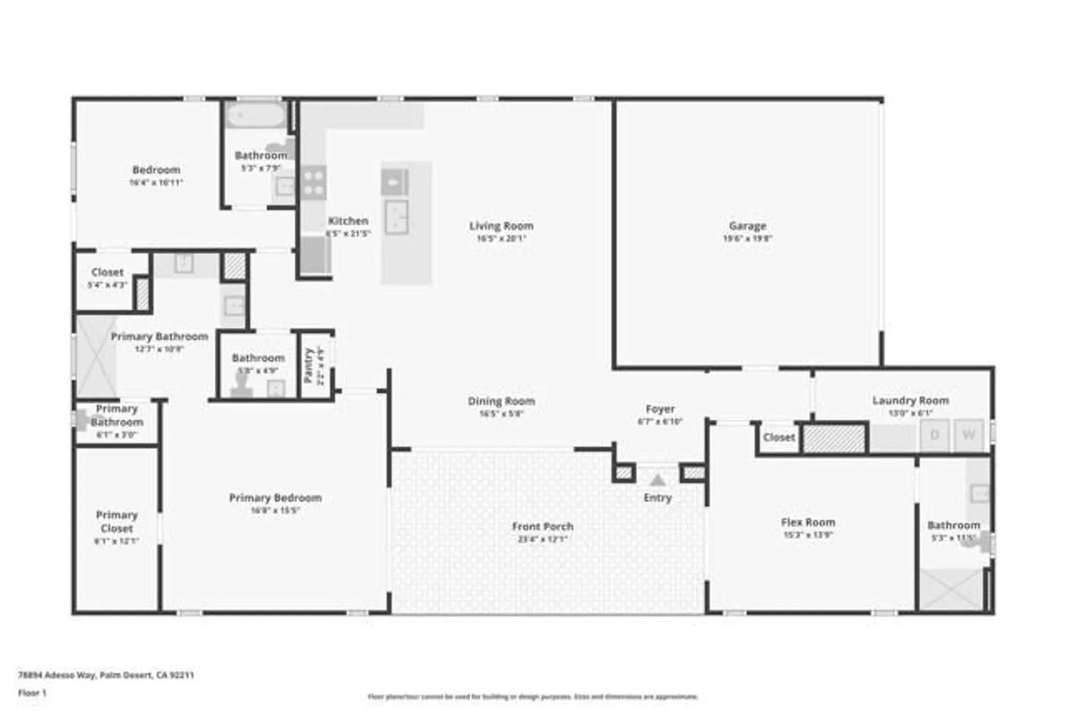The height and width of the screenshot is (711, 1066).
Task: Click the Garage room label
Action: coord(747,226)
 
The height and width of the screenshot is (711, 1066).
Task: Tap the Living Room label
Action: coord(501,226)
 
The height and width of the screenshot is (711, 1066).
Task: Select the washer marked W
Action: coord(968,435)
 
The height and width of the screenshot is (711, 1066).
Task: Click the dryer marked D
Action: coord(934,435)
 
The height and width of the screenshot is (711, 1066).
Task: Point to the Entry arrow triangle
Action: coord(658,481)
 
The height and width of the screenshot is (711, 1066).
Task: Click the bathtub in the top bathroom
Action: coord(255,115)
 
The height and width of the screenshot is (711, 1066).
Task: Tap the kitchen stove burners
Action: coord(313,182)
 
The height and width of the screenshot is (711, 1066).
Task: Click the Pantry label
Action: coord(308,365)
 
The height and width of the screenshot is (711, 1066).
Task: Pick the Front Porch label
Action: coord(543,527)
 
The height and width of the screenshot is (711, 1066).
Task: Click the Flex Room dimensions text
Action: coord(808,535)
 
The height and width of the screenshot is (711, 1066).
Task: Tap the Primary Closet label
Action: coord(117,522)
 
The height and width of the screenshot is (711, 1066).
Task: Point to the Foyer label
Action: coord(660,409)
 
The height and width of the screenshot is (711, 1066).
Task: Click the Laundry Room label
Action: coord(910,400)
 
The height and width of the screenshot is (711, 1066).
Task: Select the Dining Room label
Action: coord(501,401)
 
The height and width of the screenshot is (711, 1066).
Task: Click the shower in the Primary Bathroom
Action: coord(96,356)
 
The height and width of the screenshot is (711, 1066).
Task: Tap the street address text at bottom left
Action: coord(106,675)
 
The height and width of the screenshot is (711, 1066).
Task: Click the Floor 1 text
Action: coord(33,693)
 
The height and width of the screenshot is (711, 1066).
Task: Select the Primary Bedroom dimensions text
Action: coord(275,511)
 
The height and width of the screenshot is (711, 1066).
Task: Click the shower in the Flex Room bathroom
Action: coord(951,589)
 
